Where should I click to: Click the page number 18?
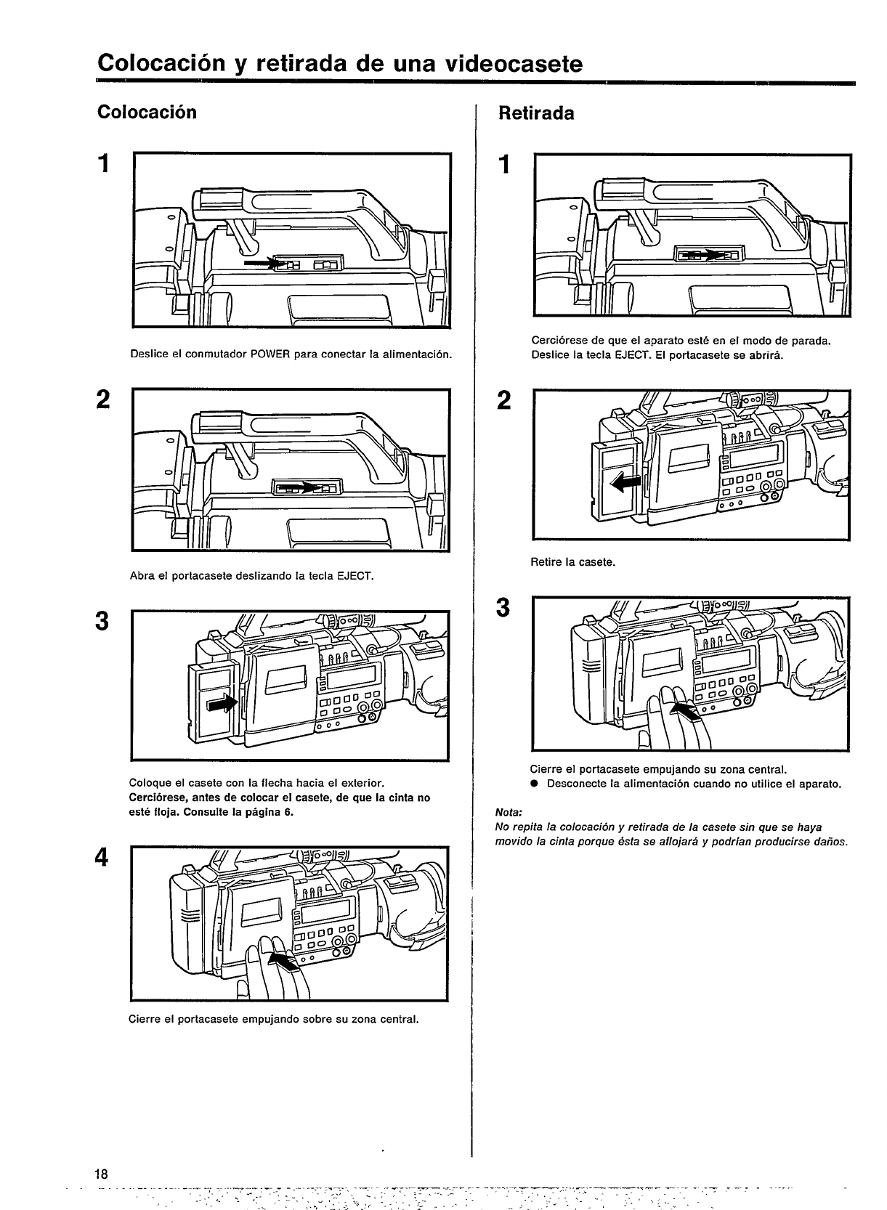click(100, 1174)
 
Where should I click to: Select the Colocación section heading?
click(147, 113)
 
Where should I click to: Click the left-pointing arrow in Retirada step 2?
click(623, 481)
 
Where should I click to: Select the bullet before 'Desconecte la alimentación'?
click(533, 784)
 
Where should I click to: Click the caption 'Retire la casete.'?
click(573, 562)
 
